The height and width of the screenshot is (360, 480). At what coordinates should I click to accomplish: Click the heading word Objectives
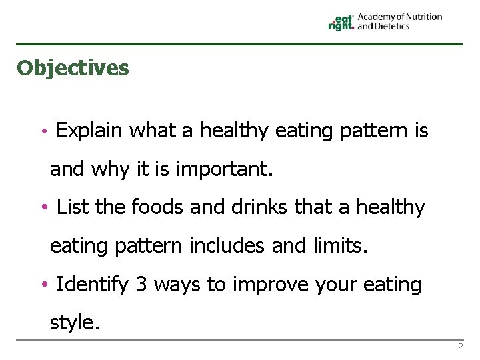pos(73,68)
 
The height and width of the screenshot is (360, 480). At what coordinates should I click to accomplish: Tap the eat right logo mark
pos(341,23)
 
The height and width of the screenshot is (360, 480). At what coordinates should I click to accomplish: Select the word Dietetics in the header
pos(393,27)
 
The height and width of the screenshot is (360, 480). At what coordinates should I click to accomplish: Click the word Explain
pos(89,131)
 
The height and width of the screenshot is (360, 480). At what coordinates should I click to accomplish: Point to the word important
pos(224,169)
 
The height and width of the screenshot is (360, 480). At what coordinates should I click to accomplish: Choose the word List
pos(73,208)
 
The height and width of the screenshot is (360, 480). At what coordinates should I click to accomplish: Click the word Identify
pos(93,285)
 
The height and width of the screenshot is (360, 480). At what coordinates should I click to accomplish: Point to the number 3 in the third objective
pos(141,285)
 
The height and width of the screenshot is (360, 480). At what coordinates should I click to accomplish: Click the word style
pos(75,323)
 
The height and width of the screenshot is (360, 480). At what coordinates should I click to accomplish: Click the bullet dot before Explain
pos(43,132)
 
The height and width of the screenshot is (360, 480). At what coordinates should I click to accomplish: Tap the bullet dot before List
pos(43,209)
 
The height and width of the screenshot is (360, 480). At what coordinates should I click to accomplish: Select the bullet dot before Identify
pos(43,285)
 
